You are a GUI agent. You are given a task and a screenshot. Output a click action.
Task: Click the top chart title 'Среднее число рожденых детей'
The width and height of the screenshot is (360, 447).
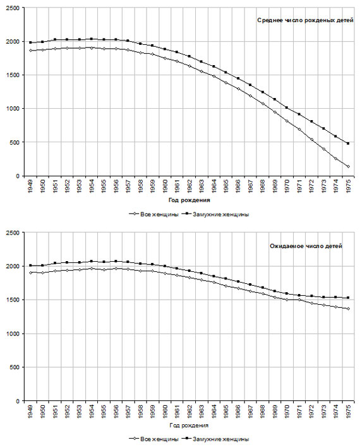coord(305,20)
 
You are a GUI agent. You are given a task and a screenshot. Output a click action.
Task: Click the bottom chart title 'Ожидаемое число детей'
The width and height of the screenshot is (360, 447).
coord(306,246)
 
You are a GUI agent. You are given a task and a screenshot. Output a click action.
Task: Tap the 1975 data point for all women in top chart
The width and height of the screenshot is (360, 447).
coord(348,166)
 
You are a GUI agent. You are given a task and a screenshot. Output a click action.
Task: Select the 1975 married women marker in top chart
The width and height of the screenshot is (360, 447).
coord(348,144)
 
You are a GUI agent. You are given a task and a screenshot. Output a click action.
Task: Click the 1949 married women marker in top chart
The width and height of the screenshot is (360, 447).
coord(30,42)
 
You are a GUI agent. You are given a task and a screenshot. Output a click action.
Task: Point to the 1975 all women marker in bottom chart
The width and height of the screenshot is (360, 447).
coord(348,309)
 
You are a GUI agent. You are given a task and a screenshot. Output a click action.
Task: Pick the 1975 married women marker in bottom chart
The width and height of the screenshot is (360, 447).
coord(348,298)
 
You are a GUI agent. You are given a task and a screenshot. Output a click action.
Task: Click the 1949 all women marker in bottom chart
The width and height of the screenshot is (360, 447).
coord(30,272)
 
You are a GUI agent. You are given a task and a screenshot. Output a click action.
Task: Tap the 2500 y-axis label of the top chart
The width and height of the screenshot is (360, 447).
coord(13,8)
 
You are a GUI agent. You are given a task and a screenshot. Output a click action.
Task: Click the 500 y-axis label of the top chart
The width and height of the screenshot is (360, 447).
coord(15,142)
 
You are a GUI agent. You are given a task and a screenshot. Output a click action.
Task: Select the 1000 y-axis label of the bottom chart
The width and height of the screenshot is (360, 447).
coord(13,334)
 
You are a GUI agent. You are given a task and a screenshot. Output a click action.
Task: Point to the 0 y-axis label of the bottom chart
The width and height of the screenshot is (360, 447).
coord(18,401)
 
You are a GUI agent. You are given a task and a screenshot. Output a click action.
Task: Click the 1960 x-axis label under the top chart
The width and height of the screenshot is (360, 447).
coord(165,185)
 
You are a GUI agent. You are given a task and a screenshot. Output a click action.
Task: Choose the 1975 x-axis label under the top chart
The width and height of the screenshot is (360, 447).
coord(348,185)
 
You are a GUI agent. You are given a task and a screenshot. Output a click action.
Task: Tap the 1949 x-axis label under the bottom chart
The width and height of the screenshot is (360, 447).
coord(30,410)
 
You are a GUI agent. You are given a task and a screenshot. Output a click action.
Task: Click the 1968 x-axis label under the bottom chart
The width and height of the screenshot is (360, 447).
coord(262,410)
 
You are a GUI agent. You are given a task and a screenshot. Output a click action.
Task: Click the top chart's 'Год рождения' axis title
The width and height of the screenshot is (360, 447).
coord(189,200)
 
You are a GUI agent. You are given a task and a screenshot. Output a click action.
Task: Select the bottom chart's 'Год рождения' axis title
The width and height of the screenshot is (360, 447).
coord(189,426)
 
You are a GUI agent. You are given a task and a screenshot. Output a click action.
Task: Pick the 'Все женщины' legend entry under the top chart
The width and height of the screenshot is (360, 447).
coord(154,214)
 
